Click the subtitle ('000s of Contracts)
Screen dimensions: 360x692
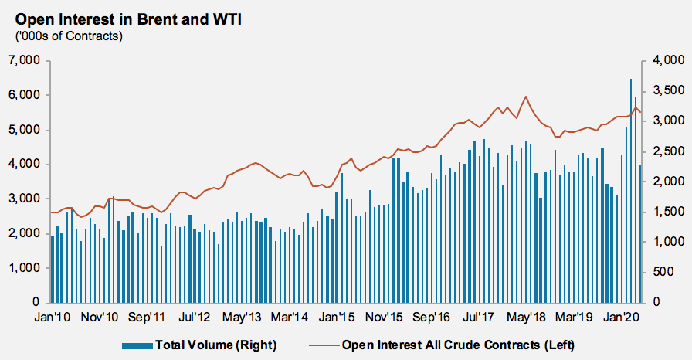click(x=69, y=35)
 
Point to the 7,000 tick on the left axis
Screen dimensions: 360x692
click(x=25, y=60)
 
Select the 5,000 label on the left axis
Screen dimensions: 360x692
click(x=25, y=130)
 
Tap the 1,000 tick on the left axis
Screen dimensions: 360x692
click(x=25, y=268)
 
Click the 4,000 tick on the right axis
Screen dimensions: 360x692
click(x=667, y=60)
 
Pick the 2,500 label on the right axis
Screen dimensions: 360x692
click(x=667, y=151)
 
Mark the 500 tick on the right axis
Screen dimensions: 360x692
click(x=672, y=272)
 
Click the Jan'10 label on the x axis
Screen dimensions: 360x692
click(x=53, y=317)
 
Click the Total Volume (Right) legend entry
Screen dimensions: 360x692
click(x=215, y=343)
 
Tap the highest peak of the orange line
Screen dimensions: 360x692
click(x=525, y=97)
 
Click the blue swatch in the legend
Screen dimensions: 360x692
click(x=137, y=343)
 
